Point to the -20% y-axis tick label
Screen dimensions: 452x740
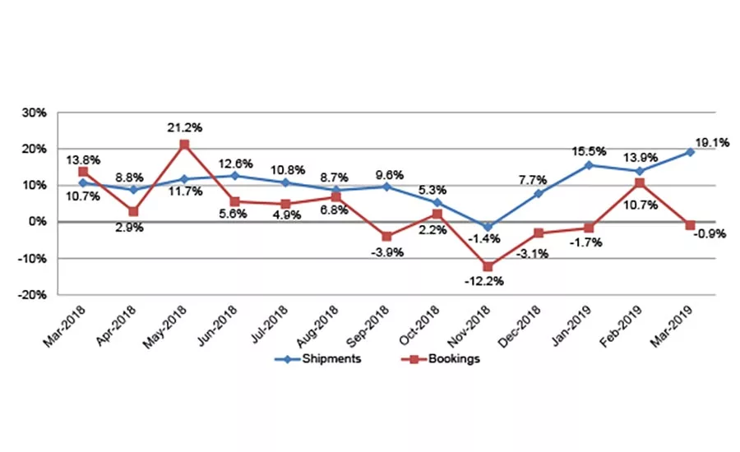click(x=35, y=295)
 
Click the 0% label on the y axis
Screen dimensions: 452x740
click(x=40, y=222)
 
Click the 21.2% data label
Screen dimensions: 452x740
click(x=186, y=127)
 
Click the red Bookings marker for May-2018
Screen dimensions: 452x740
click(x=185, y=145)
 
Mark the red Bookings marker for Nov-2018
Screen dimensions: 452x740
click(x=488, y=266)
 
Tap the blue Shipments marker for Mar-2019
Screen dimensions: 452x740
click(x=691, y=152)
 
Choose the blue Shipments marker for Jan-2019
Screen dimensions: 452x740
click(x=590, y=165)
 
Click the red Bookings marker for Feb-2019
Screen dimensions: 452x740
click(x=640, y=182)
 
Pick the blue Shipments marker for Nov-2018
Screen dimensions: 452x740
click(x=488, y=227)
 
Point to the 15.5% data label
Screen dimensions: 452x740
click(x=590, y=151)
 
